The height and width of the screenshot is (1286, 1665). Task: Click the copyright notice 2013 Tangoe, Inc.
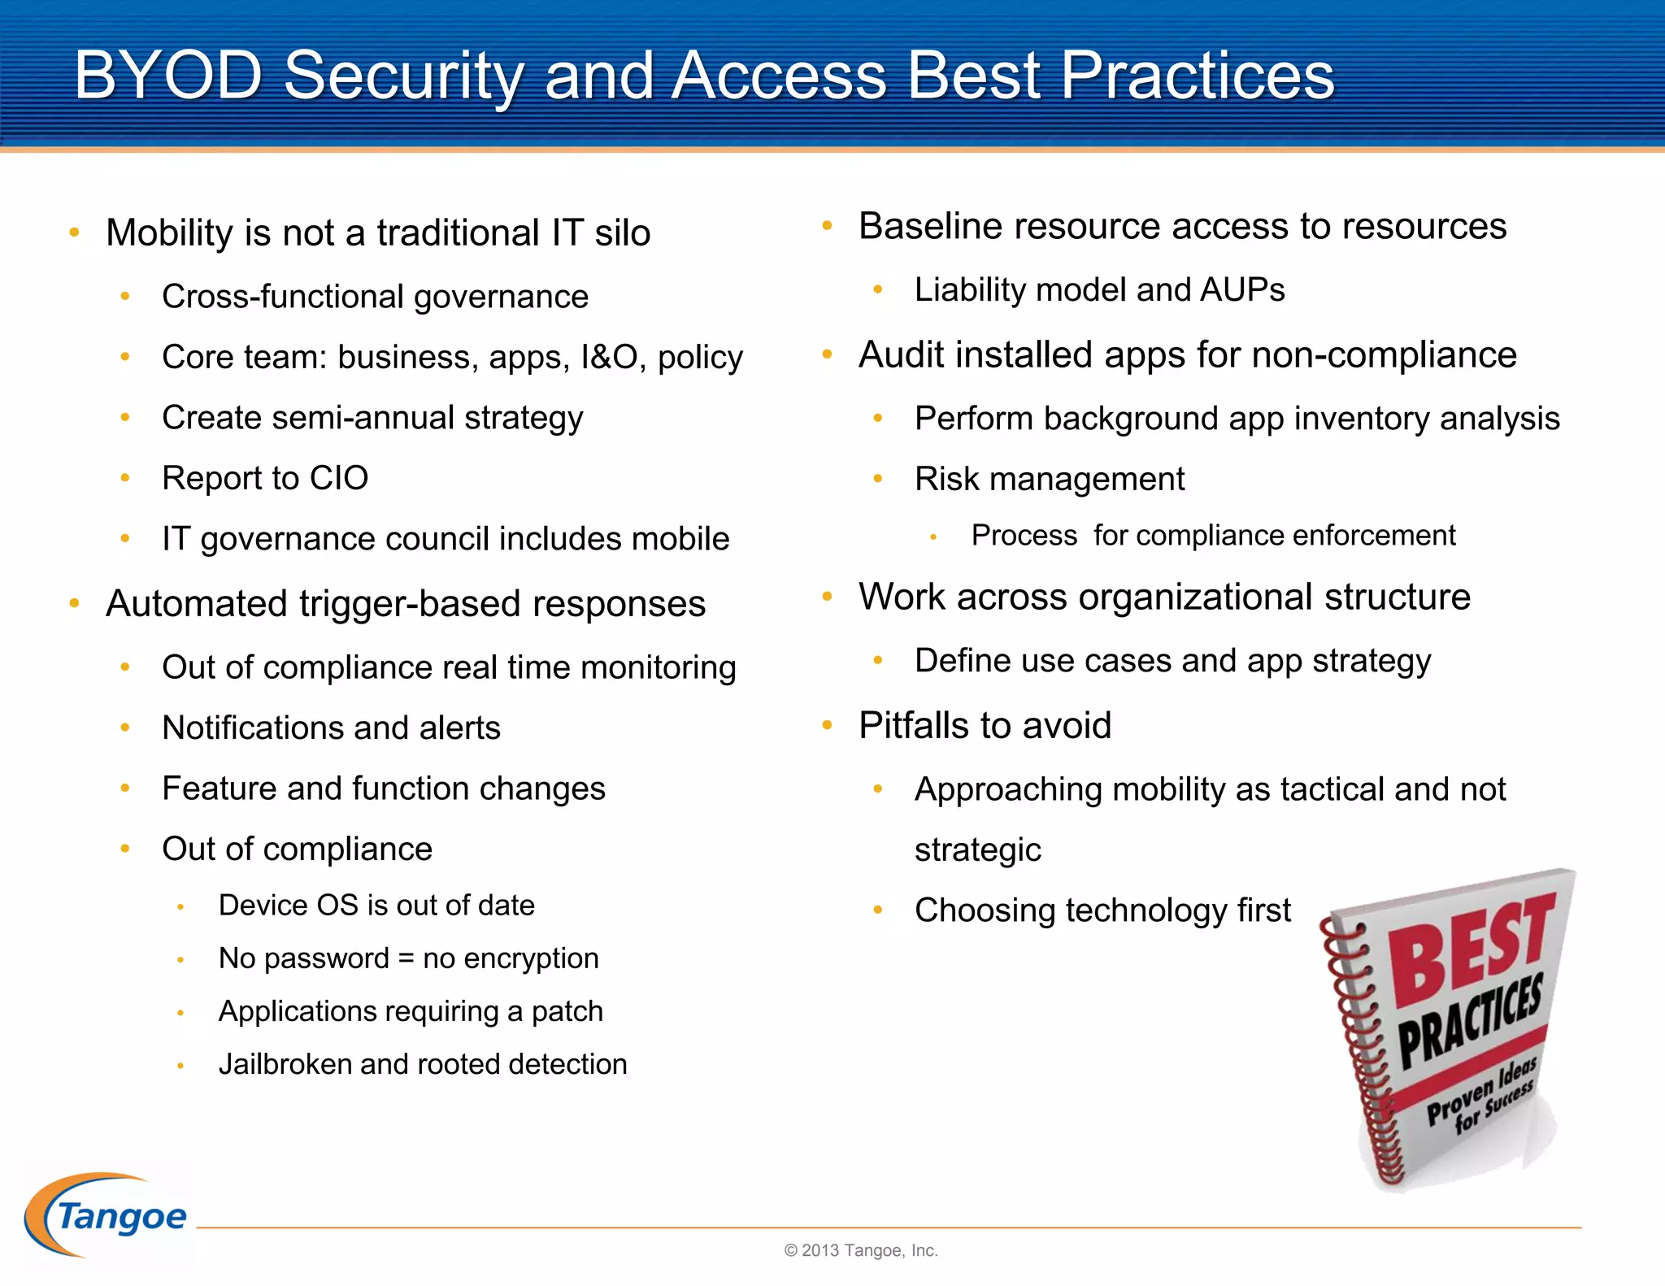coord(861,1250)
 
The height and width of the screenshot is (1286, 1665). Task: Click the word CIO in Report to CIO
coord(338,478)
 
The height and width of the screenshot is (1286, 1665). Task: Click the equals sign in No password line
coord(406,958)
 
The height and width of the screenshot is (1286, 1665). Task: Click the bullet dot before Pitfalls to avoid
coord(827,725)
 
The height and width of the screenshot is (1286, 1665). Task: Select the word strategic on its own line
coord(977,850)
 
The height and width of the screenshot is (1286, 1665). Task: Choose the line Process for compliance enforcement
coord(1212,536)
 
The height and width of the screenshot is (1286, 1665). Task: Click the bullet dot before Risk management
coord(878,480)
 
